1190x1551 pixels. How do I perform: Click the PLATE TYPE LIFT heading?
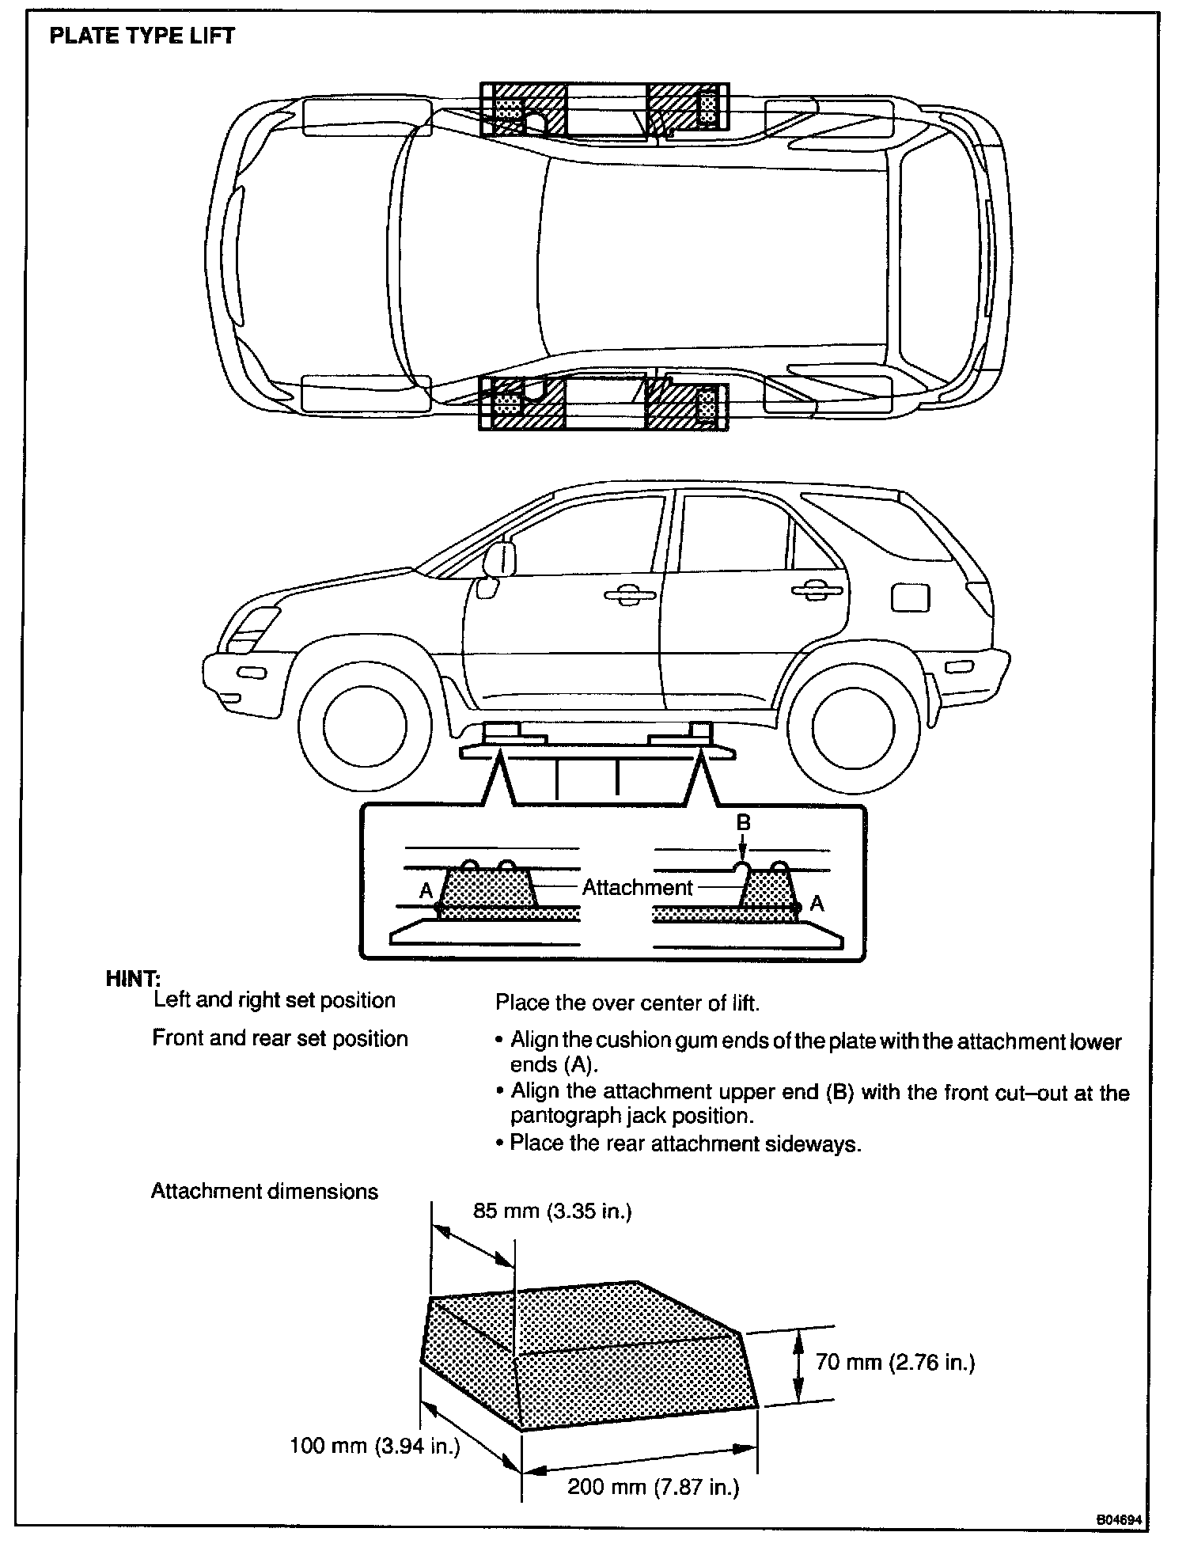[142, 36]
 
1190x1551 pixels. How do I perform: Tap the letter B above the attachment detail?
[743, 823]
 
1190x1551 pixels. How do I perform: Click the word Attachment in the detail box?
[637, 888]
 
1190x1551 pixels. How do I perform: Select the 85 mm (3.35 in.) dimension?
[552, 1212]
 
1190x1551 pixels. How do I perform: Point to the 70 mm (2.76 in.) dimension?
[895, 1362]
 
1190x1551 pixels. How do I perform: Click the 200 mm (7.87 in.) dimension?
[654, 1487]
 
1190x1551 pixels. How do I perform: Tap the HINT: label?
[132, 979]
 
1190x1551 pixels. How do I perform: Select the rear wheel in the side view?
[853, 726]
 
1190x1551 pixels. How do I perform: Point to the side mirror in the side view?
[501, 559]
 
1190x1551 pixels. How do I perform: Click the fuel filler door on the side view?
[910, 597]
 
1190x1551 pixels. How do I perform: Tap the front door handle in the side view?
[630, 595]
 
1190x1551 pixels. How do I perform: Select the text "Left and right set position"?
[274, 1000]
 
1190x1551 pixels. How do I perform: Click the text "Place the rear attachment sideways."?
[685, 1143]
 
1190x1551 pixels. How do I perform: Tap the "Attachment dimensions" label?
[264, 1192]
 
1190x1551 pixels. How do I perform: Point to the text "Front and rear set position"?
[280, 1038]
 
